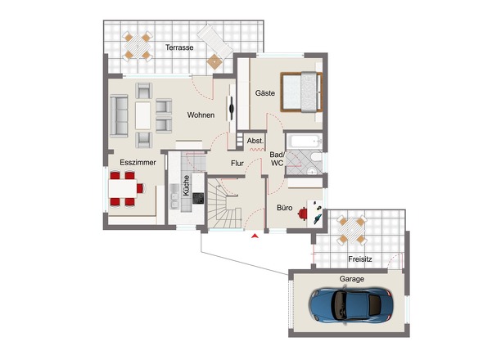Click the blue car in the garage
[351, 305]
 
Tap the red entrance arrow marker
[255, 236]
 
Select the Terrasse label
[179, 47]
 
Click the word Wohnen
[201, 115]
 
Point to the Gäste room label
[265, 92]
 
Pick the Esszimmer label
[138, 162]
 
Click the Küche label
[186, 186]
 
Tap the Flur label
[237, 163]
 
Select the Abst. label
[255, 141]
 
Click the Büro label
[285, 208]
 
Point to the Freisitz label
[359, 259]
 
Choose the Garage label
[352, 279]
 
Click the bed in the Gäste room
[301, 92]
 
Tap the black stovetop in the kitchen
[198, 198]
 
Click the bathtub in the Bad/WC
[304, 142]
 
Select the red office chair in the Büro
[303, 214]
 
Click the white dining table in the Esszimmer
[123, 188]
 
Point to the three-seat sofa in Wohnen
[119, 116]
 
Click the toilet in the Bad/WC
[316, 157]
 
